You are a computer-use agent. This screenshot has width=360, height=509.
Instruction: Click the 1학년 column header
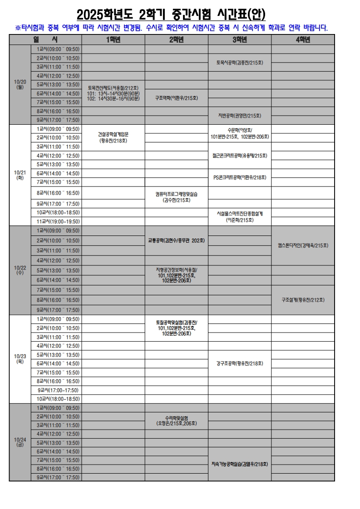[113, 40]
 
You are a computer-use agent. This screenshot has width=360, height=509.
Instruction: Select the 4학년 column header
[303, 40]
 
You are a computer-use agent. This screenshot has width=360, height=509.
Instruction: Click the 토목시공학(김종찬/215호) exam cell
[240, 63]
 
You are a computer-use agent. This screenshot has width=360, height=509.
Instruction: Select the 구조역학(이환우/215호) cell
[176, 98]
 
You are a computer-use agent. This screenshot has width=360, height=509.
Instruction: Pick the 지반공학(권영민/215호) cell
[240, 115]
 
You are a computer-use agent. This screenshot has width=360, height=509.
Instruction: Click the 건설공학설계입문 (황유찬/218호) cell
[113, 137]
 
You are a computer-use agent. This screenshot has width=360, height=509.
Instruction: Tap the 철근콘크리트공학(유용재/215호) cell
[240, 156]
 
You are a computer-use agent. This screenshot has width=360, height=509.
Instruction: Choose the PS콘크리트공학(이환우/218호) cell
[240, 177]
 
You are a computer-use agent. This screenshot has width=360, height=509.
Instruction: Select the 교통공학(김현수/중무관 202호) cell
[176, 240]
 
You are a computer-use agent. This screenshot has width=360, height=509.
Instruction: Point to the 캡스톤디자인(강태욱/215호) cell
[303, 245]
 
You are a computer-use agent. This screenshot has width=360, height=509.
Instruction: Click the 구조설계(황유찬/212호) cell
[303, 300]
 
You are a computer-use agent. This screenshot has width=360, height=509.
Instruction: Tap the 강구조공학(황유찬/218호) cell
[240, 363]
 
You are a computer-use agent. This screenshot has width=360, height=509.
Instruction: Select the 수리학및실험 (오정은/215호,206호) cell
[176, 421]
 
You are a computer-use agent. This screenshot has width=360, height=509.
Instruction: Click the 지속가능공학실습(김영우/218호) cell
[240, 464]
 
